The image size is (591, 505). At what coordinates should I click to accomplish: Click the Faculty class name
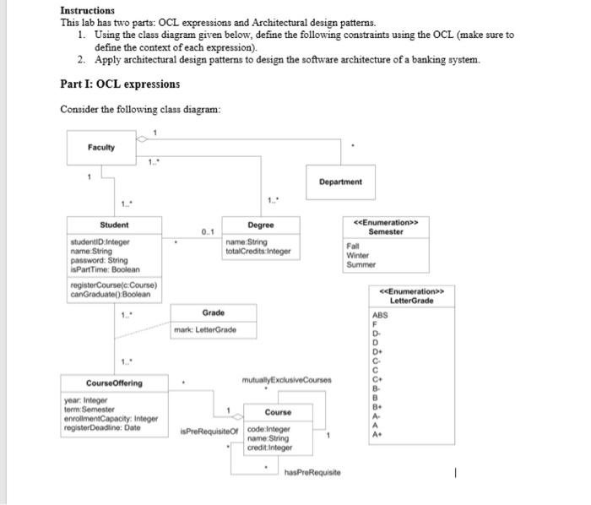click(100, 148)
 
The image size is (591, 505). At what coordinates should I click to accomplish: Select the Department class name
click(340, 182)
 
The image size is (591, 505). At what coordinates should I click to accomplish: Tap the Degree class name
click(261, 225)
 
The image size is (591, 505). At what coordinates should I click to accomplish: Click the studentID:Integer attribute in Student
click(100, 242)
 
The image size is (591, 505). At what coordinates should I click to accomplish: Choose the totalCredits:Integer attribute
click(258, 251)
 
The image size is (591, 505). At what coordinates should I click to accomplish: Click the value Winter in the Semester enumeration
click(358, 255)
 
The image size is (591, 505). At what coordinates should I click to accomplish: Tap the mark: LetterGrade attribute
click(205, 329)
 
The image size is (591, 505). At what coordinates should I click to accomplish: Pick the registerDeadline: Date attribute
click(102, 427)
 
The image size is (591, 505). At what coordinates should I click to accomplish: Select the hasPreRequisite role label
click(312, 473)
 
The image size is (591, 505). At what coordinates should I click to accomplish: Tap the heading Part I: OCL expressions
click(120, 84)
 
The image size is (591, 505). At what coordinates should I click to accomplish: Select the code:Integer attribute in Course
click(269, 429)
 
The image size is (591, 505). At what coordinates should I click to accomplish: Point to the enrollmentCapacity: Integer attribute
click(111, 418)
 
